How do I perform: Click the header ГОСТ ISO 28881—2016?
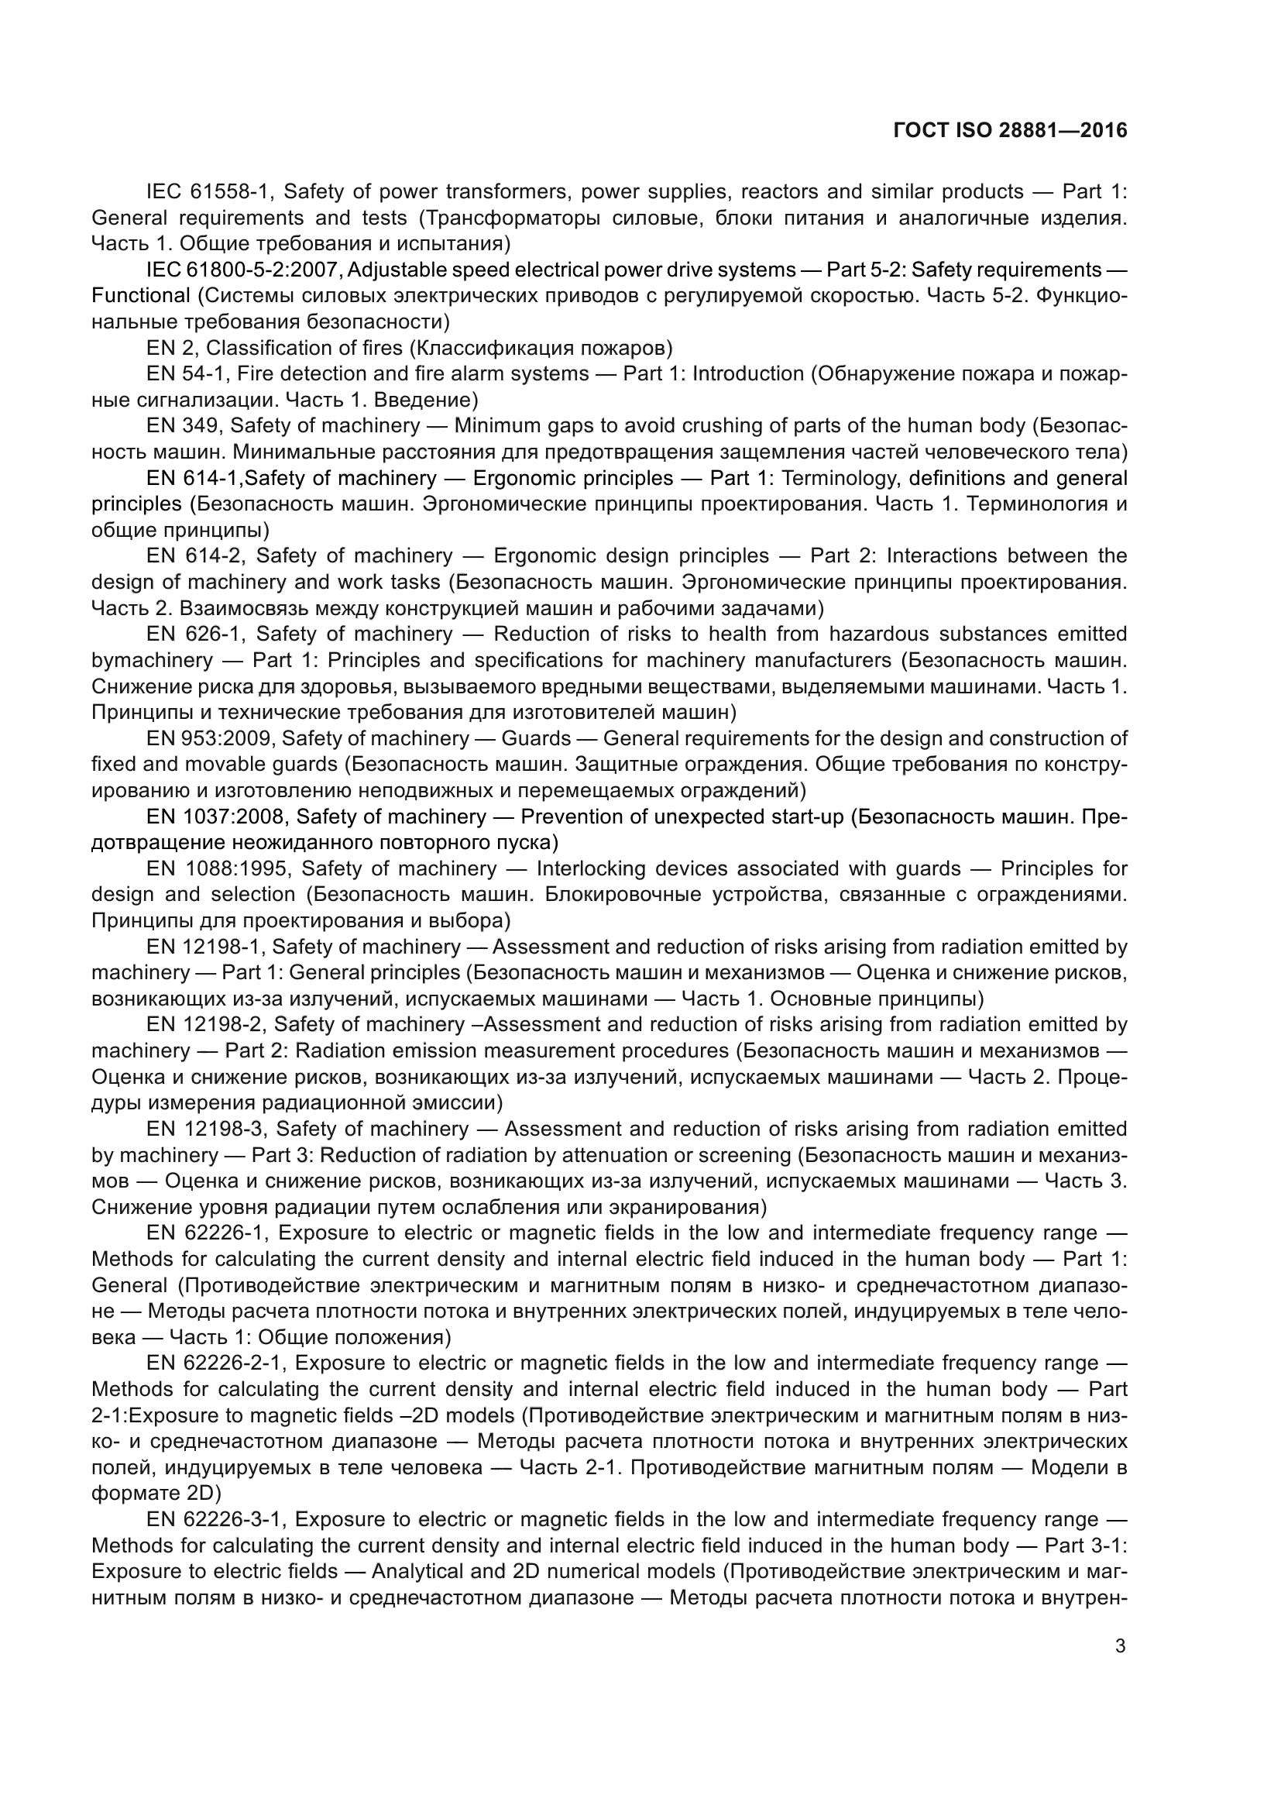1011,131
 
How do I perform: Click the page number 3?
1120,1645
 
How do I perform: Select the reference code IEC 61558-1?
208,192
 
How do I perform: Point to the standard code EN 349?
184,426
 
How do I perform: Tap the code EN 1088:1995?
218,869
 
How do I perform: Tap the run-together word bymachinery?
152,660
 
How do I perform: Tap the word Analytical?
417,1571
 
